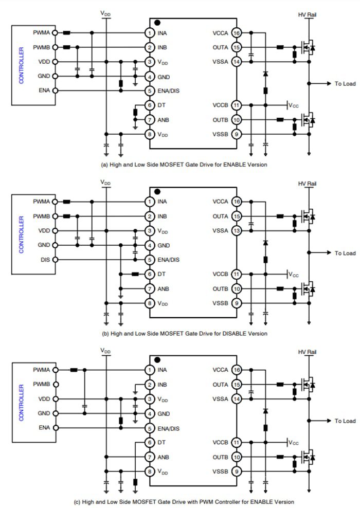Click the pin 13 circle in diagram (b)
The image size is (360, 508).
pos(236,230)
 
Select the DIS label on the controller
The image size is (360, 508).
pos(44,260)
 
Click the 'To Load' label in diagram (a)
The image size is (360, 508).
pos(345,83)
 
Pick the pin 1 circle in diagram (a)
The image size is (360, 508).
pos(150,33)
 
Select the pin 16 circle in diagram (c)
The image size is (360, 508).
pos(236,370)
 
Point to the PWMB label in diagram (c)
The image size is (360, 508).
pos(41,384)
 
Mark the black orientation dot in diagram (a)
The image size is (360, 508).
pos(157,23)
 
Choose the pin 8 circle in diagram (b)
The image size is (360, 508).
pos(150,303)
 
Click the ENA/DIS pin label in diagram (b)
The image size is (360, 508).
pos(168,260)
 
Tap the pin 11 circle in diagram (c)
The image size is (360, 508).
pos(236,442)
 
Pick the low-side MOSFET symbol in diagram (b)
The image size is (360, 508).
pos(307,289)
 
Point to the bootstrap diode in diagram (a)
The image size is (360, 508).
pos(265,74)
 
